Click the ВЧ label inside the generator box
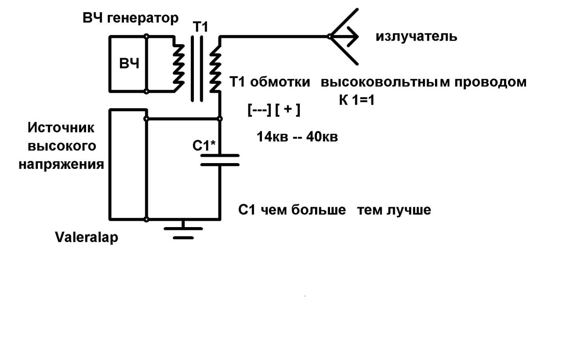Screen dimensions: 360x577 click(x=129, y=64)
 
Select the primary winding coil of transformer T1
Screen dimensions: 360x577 click(x=179, y=64)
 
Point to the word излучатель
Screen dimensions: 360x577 click(x=416, y=36)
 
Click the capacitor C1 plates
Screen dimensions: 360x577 click(x=220, y=159)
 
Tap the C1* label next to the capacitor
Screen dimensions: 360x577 click(x=204, y=146)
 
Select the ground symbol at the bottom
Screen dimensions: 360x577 click(x=183, y=232)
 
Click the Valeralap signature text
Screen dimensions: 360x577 click(x=87, y=237)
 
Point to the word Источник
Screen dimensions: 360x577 click(x=61, y=128)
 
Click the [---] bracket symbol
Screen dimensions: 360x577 click(x=259, y=110)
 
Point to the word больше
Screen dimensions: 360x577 click(x=318, y=210)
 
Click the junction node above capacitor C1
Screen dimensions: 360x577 click(x=220, y=119)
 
